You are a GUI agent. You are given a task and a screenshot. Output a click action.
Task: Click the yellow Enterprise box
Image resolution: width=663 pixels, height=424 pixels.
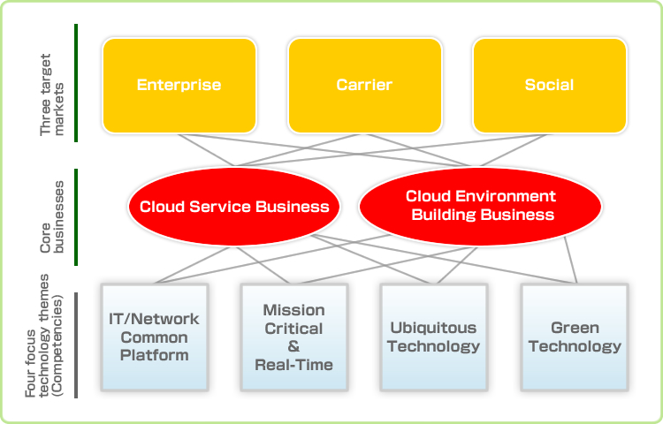point(179,85)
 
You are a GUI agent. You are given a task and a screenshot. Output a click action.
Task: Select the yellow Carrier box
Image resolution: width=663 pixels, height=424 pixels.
point(363,85)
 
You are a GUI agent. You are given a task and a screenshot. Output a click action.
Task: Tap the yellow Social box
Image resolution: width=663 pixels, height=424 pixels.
point(549,85)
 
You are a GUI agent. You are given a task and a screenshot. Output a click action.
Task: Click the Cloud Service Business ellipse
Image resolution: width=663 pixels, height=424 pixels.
point(233,207)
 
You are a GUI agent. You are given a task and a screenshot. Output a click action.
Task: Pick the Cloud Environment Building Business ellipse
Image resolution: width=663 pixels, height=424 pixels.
point(480,206)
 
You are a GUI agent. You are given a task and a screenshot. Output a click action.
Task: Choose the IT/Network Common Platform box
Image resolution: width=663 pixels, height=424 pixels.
point(155,337)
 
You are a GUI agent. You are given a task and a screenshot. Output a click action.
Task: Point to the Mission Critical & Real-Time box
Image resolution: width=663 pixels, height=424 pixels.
point(293,337)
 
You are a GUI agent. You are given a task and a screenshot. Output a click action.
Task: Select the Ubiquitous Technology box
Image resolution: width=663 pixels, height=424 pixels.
point(433,337)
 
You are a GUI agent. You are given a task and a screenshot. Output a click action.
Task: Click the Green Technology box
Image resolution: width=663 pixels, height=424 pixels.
point(575,337)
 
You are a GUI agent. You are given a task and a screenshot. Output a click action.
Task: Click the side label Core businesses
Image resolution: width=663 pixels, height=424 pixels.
point(52,217)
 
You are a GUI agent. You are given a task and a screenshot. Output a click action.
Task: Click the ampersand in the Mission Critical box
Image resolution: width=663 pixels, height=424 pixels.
point(293,346)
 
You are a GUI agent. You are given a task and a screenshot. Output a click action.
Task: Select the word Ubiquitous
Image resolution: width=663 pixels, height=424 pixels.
point(433,328)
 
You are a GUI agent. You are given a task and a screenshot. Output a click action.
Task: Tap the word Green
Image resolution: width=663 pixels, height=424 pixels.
point(575,328)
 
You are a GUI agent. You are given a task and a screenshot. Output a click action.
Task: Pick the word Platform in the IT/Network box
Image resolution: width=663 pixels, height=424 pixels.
point(155,355)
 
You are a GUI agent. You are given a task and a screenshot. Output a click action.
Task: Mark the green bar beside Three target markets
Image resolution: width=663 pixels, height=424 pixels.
point(77,83)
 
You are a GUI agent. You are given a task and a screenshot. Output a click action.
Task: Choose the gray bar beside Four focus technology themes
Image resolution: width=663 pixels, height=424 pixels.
point(77,345)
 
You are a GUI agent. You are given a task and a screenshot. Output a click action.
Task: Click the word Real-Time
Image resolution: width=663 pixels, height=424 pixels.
point(293,364)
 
